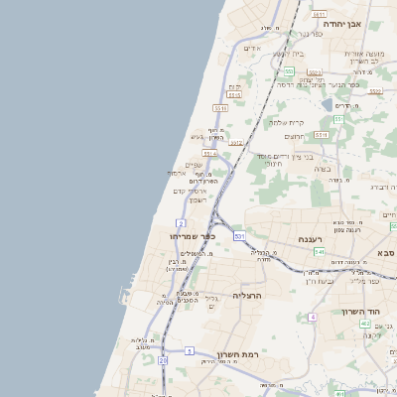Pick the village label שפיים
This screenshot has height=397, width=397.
[195, 165]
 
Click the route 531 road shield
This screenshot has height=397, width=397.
[239, 236]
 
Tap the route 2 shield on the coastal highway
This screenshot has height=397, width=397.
[181, 222]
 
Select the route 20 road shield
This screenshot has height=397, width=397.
[163, 360]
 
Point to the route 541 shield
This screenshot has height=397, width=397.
[319, 252]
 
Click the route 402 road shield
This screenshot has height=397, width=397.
[364, 324]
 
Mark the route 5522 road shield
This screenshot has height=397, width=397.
[376, 91]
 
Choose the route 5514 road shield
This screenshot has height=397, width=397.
[209, 154]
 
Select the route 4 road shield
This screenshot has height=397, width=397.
[312, 316]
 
